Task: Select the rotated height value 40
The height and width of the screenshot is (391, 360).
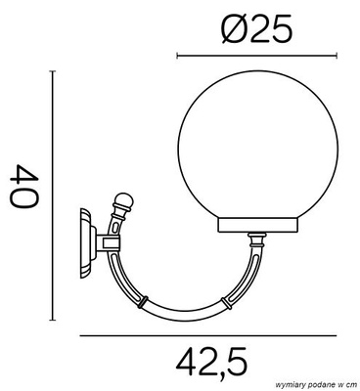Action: point(25,189)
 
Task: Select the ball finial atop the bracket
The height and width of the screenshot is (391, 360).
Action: point(122,204)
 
